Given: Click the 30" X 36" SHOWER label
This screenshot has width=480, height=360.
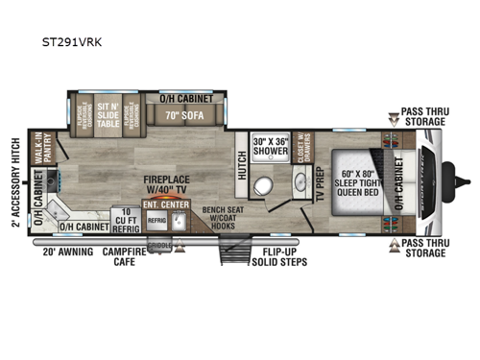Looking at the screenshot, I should pyautogui.click(x=270, y=145).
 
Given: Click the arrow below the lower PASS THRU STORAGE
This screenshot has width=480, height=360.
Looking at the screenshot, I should pyautogui.click(x=394, y=245).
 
